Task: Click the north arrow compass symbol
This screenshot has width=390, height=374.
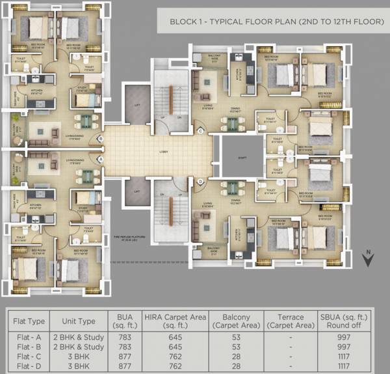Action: (367, 259)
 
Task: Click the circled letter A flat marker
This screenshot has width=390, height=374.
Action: (100, 158)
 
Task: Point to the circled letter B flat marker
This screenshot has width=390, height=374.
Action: (100, 139)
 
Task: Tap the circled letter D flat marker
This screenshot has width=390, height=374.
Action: (201, 181)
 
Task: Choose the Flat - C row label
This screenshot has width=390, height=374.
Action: (29, 356)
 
